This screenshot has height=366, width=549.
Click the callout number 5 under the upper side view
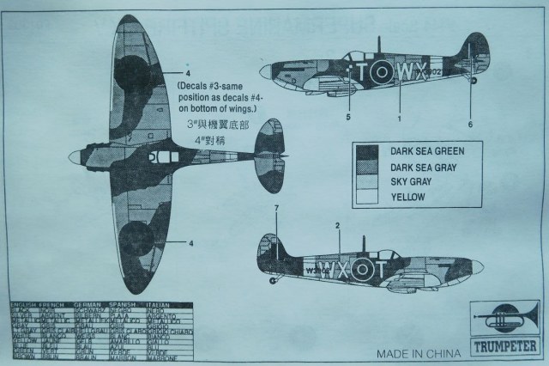click(x=349, y=114)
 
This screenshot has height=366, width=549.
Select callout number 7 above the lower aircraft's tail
click(x=276, y=209)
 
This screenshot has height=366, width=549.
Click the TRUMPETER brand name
click(x=504, y=349)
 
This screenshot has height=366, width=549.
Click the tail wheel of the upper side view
click(x=474, y=81)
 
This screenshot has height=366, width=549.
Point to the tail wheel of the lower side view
click(x=273, y=279)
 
